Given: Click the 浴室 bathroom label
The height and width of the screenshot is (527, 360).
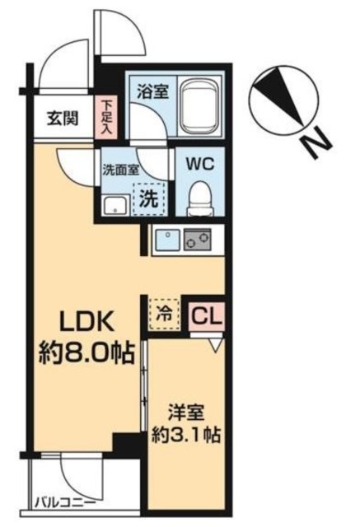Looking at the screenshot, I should pyautogui.click(x=154, y=90).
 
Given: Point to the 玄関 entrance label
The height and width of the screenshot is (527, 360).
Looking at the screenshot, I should pyautogui.click(x=63, y=119).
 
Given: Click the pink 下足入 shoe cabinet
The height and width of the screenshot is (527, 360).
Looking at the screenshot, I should pyautogui.click(x=108, y=119).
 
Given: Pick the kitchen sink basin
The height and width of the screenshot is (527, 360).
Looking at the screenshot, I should pyautogui.click(x=166, y=239).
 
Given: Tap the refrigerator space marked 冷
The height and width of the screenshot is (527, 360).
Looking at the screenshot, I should pyautogui.click(x=165, y=314).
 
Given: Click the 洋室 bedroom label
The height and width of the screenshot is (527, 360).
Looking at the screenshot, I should pyautogui.click(x=182, y=409).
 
